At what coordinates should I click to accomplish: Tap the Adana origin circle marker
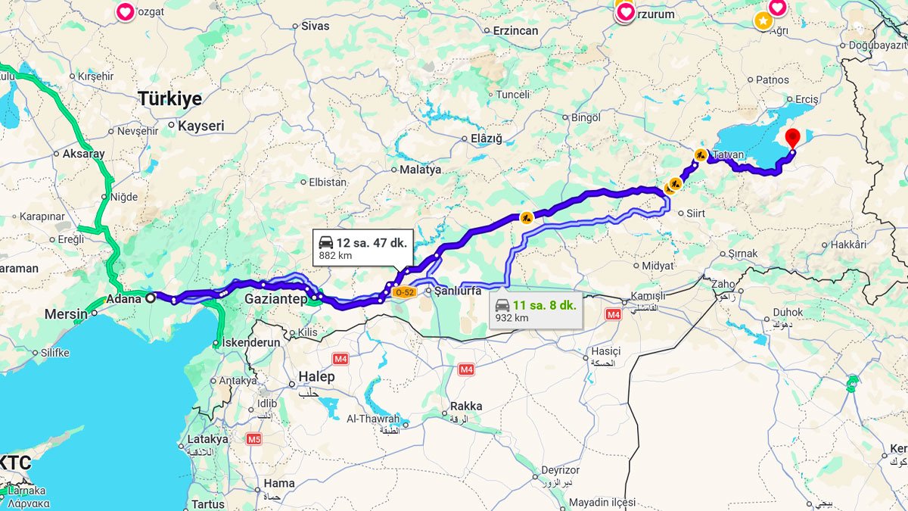point(150,298)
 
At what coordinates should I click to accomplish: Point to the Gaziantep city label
point(275,299)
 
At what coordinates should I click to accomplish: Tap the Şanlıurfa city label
point(458,291)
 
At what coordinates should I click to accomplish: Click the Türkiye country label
point(169,99)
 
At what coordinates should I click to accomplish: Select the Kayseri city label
point(201,126)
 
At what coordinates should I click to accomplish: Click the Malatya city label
point(420,170)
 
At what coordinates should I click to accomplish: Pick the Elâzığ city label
point(487,138)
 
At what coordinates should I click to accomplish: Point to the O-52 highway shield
point(405,292)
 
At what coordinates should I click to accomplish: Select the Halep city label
point(316,377)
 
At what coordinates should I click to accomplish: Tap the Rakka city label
point(465,407)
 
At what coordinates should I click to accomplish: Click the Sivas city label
point(316,26)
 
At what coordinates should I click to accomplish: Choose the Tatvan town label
point(728,154)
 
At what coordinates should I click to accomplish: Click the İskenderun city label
point(250,342)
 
